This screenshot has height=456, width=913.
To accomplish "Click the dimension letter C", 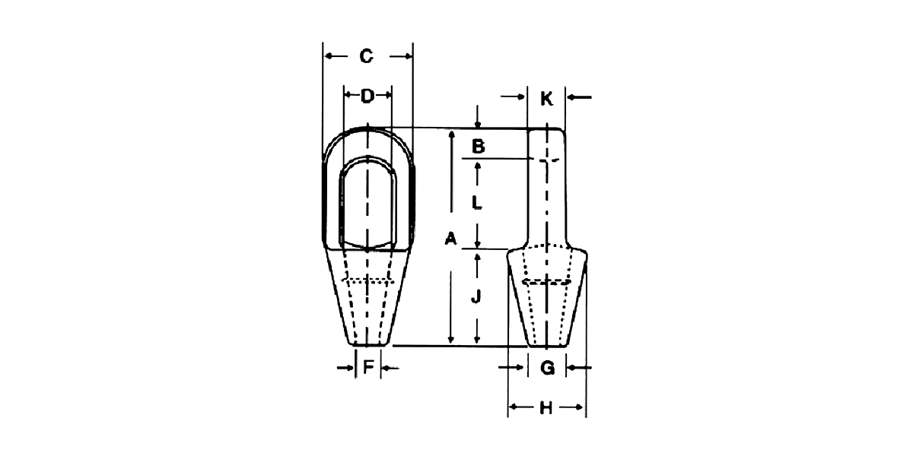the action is click(x=366, y=56).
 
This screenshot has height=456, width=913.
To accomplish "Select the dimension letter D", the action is click(x=367, y=96).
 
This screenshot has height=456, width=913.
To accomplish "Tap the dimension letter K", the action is click(x=546, y=99).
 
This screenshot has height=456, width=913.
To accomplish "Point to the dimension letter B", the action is click(x=478, y=146).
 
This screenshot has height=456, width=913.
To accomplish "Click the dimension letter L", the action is click(x=477, y=202).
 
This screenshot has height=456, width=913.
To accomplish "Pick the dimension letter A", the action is click(x=450, y=238).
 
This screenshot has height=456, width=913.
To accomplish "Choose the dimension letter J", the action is click(x=476, y=296).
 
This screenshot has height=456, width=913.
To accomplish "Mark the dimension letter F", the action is click(x=368, y=368).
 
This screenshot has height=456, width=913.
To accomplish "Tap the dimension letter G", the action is click(x=547, y=368).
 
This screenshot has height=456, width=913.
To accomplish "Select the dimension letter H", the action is click(x=546, y=407).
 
